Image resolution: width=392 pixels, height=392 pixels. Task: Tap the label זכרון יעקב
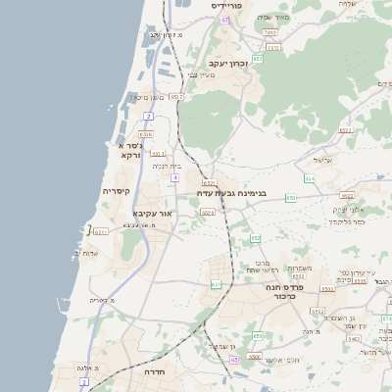[225, 63]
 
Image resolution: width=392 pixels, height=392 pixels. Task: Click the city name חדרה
[155, 373]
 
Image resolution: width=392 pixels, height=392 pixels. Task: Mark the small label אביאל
[324, 159]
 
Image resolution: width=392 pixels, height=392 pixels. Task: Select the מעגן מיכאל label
[148, 97]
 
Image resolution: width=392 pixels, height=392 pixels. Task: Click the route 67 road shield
[224, 20]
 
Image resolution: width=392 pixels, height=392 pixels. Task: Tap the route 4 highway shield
[173, 177]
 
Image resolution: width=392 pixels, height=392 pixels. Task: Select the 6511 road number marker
[101, 232]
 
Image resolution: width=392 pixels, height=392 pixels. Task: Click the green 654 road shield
[309, 178]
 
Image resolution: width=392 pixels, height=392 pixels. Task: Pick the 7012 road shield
[269, 33]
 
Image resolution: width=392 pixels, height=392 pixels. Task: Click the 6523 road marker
[298, 276]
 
